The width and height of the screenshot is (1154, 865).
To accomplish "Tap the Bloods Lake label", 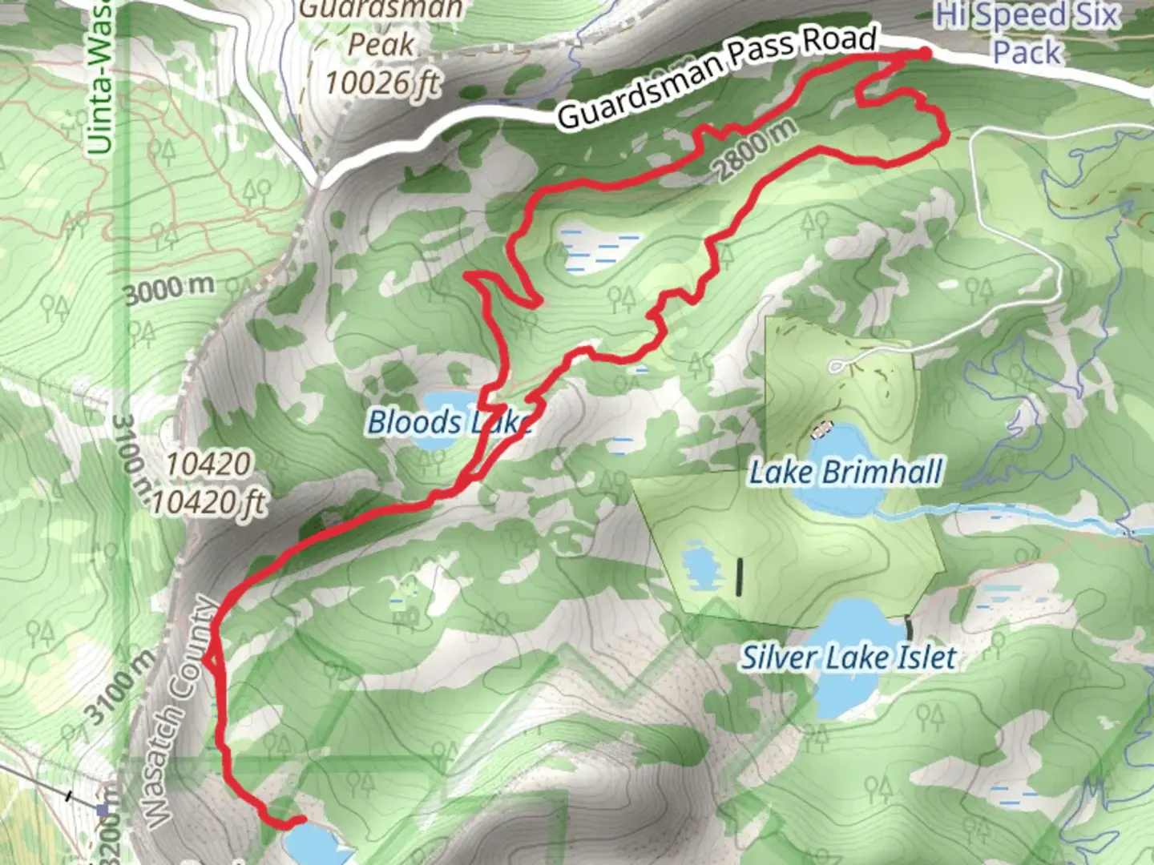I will tap(449, 422).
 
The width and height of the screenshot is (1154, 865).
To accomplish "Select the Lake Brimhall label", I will tap(845, 473).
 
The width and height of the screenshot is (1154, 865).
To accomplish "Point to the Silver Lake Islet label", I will tap(848, 658).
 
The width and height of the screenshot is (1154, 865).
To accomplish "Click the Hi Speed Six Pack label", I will tap(1027, 34).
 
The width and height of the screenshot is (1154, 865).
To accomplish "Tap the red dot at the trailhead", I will tap(924, 54).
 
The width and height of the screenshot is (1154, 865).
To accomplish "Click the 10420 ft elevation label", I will tap(208, 503).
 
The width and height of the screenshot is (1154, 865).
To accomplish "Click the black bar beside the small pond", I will tap(739, 577).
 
